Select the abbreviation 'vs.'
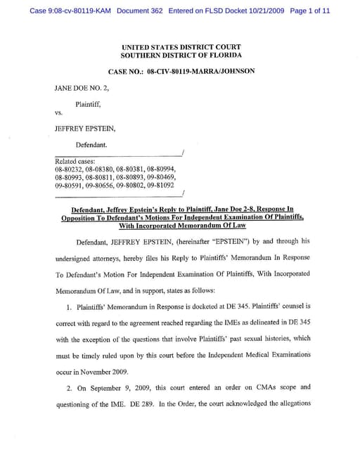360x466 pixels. click(59, 112)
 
